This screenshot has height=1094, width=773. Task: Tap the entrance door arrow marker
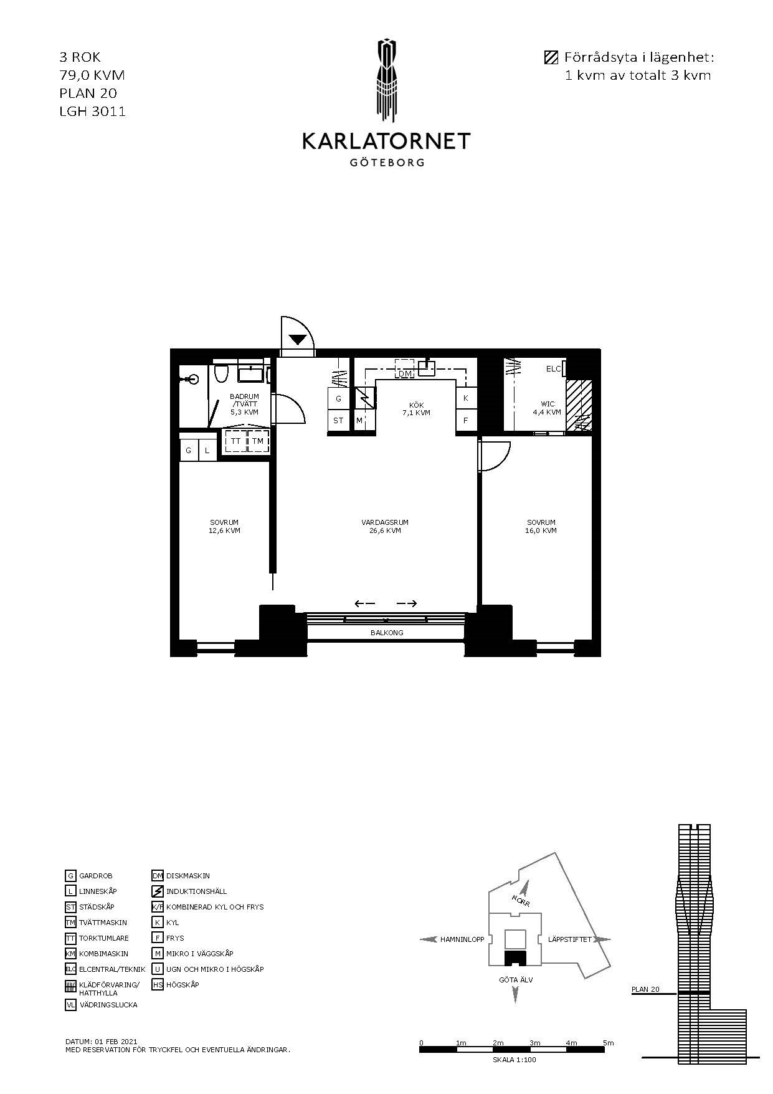298,340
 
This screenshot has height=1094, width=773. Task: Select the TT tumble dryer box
235,441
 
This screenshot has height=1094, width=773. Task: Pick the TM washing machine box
258,441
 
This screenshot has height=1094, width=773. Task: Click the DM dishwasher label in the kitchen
405,373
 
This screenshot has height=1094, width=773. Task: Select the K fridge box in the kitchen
466,398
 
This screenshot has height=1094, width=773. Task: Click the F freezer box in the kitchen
466,420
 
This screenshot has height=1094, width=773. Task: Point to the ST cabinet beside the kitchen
338,420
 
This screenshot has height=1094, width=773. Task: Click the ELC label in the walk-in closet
553,369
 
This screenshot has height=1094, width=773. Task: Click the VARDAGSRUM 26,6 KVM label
384,527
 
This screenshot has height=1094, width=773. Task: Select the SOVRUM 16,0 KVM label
541,527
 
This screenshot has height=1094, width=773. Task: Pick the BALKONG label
387,633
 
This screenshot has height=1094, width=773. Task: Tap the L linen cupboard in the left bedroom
207,450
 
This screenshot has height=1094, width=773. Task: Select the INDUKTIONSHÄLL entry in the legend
196,891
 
